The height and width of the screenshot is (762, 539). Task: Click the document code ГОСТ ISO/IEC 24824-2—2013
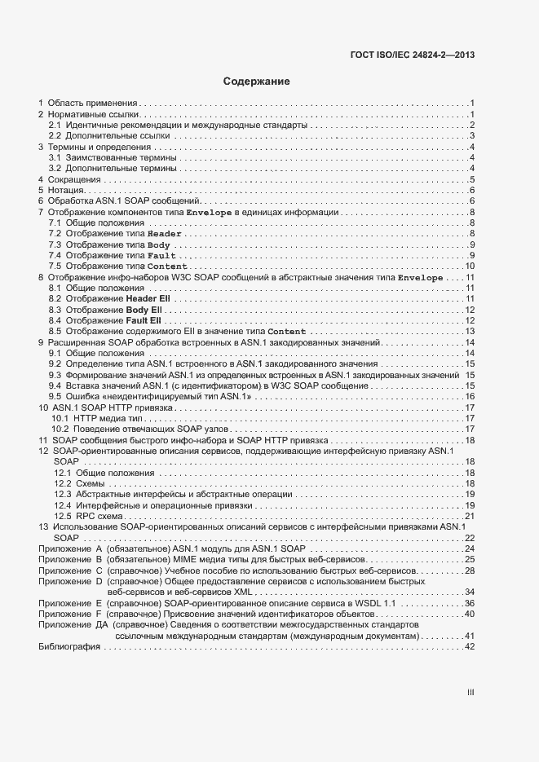point(411,55)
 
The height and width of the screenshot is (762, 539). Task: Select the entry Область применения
point(91,104)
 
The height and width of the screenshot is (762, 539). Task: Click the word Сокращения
point(74,179)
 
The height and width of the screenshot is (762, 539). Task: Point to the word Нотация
point(68,190)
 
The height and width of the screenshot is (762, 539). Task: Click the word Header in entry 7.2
point(164,234)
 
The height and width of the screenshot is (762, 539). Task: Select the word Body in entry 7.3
point(159,245)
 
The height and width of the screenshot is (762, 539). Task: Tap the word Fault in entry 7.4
point(161,256)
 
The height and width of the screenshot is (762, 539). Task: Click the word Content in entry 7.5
point(167,266)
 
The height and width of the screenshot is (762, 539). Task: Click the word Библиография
point(69,646)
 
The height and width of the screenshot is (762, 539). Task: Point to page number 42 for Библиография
point(470,646)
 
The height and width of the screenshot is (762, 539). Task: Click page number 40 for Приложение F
point(470,614)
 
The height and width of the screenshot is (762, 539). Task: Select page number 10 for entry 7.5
point(470,266)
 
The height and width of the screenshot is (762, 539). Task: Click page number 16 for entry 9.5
point(470,396)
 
